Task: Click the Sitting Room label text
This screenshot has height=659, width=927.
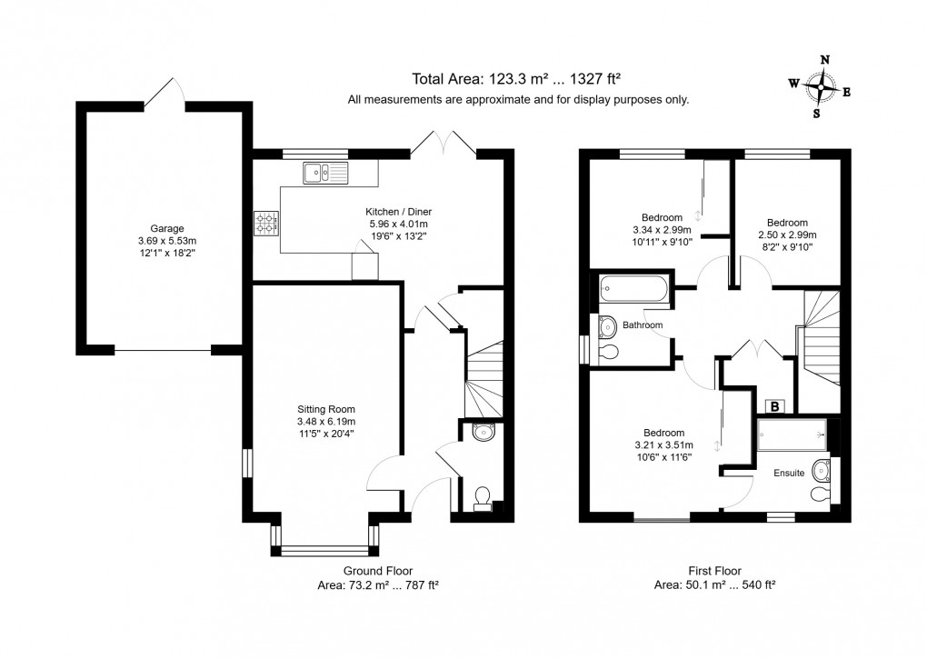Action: [x=324, y=408]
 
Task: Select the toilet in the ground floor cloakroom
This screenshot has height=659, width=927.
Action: [x=483, y=496]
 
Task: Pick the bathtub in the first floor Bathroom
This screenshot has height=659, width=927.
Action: [x=633, y=291]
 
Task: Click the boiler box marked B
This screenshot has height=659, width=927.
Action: [x=776, y=406]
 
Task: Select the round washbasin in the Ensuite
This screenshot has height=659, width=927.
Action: [x=823, y=470]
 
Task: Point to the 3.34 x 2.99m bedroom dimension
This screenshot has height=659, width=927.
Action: [x=662, y=230]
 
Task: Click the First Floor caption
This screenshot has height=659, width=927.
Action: [x=714, y=570]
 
